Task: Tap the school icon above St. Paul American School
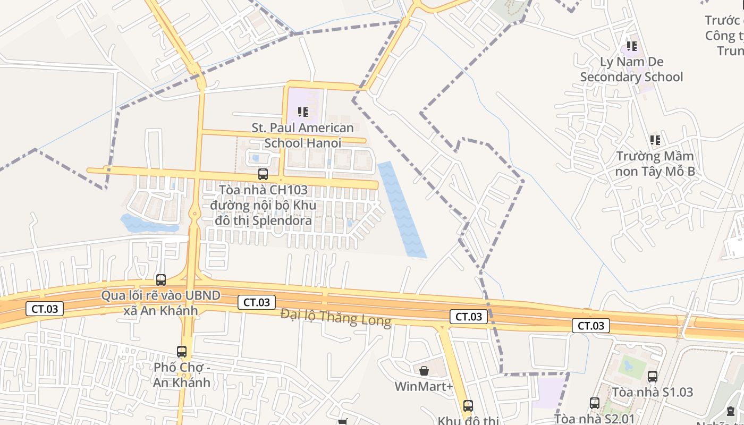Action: click(303, 112)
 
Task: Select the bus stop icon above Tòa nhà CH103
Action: click(263, 174)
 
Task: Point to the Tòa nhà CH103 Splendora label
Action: click(263, 205)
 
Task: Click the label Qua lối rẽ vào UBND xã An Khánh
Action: click(161, 303)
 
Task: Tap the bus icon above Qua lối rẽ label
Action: click(161, 279)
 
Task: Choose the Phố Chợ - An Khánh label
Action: click(182, 375)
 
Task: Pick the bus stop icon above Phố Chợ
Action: click(182, 351)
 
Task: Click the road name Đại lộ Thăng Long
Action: click(336, 318)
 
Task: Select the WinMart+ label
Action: click(424, 386)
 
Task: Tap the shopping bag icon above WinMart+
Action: click(424, 370)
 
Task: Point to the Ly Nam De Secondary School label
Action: click(631, 69)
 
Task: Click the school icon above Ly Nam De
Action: click(631, 46)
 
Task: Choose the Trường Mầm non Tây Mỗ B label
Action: click(655, 164)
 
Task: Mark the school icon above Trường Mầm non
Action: click(655, 140)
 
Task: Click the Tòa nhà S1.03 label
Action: click(653, 393)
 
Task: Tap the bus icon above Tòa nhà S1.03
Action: click(653, 376)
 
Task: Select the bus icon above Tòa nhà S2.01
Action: click(595, 403)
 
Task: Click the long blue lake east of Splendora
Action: click(402, 209)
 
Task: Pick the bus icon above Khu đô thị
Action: click(468, 406)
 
